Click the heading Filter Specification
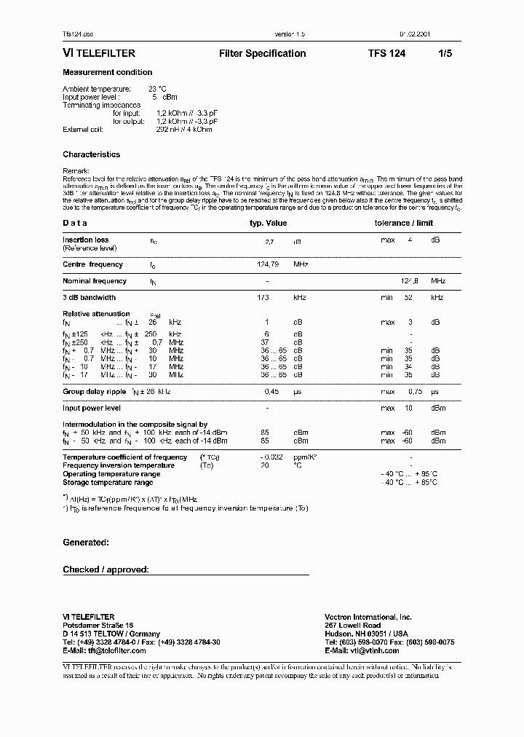point(262,53)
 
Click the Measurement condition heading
point(108,72)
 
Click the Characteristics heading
point(92,154)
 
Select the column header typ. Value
point(269,224)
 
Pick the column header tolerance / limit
point(404,224)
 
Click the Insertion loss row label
point(86,240)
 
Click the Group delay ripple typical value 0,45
point(270,392)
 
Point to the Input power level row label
point(92,408)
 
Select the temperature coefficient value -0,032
point(271,457)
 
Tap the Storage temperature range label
point(108,482)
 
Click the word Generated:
point(86,543)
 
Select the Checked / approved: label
point(106,569)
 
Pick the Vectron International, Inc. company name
point(368,617)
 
